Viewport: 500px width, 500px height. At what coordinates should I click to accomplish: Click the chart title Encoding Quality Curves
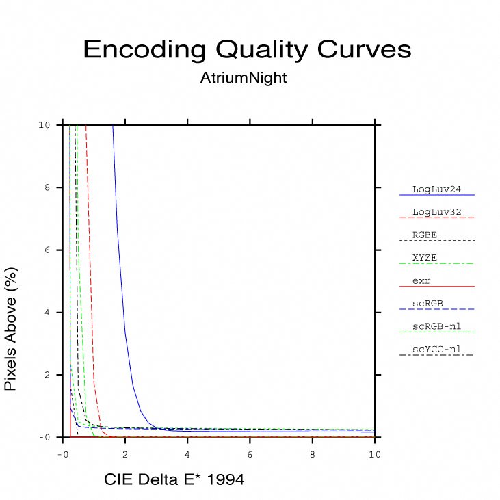(247, 50)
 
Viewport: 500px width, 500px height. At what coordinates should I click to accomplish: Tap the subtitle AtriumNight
(244, 79)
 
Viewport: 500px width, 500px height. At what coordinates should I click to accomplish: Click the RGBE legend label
(425, 235)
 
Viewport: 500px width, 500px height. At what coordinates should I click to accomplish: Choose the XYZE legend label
(425, 258)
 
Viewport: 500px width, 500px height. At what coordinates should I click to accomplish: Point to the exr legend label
(421, 280)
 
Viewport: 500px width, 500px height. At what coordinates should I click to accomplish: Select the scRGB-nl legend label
(436, 326)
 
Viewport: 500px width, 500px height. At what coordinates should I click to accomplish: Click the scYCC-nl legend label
(436, 350)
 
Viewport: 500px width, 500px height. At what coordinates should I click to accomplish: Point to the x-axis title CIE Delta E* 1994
(174, 480)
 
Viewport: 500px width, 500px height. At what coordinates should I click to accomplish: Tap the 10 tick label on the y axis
(43, 125)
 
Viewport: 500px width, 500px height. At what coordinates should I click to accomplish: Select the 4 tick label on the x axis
(187, 453)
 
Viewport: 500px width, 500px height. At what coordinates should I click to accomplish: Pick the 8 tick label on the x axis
(313, 453)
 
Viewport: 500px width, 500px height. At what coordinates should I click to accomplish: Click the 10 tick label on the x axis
(375, 453)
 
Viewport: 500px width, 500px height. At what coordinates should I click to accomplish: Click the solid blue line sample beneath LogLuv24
(436, 196)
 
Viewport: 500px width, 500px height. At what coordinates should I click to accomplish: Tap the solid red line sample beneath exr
(436, 287)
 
